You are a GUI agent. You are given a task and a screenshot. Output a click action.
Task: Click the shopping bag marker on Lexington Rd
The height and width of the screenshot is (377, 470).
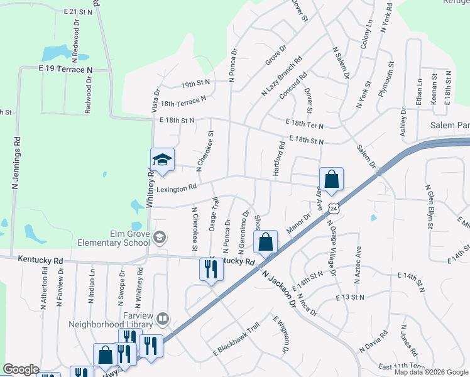[x=332, y=179]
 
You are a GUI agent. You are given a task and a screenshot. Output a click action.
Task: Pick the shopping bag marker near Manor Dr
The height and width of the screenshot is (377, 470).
[x=266, y=242]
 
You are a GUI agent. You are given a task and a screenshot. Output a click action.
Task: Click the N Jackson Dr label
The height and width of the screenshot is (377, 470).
[x=279, y=289]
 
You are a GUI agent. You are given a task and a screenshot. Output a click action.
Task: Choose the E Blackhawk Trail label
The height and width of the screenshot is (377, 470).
[x=237, y=338]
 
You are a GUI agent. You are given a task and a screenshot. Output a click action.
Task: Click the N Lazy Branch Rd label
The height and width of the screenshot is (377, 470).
[x=281, y=76]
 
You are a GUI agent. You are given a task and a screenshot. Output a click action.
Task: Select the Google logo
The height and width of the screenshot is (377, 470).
[x=21, y=369]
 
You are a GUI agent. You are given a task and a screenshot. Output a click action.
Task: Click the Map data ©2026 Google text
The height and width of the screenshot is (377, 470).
[x=431, y=372]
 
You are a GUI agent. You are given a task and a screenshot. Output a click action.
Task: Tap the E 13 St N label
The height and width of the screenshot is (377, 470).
[x=349, y=297]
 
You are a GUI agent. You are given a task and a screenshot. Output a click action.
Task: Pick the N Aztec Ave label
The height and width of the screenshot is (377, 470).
[x=358, y=261]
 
